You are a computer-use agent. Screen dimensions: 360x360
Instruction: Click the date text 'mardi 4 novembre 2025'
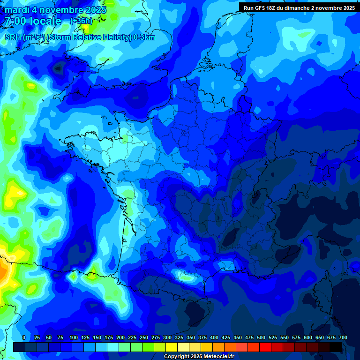[x=55, y=10]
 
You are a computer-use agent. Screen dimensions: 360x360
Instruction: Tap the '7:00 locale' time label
[x=33, y=21]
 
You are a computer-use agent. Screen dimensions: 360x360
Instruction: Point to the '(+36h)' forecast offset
[x=81, y=21]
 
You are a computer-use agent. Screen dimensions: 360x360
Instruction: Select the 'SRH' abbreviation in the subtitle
[x=13, y=37]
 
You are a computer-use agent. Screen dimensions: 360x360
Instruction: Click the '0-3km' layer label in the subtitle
[x=144, y=37]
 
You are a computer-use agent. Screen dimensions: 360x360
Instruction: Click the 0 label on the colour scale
[x=24, y=337]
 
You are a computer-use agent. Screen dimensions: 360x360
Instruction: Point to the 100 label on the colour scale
[x=74, y=337]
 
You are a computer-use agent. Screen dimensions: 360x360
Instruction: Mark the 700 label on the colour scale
[x=343, y=337]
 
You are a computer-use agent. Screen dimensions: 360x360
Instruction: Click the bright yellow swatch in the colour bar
[x=172, y=347]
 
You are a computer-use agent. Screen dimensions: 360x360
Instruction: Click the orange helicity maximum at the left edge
[x=4, y=272]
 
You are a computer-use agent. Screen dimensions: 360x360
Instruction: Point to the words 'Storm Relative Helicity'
[x=89, y=37]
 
